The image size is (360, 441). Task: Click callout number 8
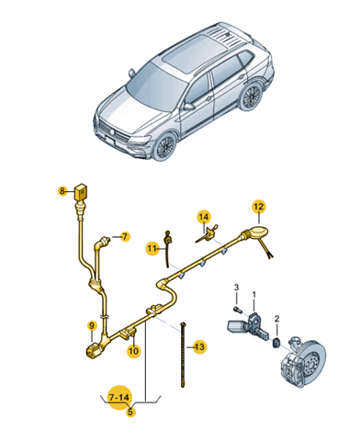tap(62, 191)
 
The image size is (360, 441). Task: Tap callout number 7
tap(124, 237)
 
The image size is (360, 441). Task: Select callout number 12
tap(259, 207)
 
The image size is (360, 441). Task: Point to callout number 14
tap(204, 217)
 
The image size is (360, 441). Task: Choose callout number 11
tap(152, 248)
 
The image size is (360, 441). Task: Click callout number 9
tap(92, 325)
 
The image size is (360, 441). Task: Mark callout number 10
tap(133, 350)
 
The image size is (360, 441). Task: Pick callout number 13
tap(199, 347)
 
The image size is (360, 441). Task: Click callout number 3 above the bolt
tap(236, 288)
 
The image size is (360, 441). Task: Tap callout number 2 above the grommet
tap(276, 319)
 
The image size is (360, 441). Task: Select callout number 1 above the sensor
tap(253, 295)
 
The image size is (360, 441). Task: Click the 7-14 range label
tap(119, 398)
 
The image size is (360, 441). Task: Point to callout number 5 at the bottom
tap(130, 412)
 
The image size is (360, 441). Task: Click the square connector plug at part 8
tap(81, 192)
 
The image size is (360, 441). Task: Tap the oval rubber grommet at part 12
tap(258, 231)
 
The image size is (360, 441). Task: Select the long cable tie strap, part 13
tap(183, 355)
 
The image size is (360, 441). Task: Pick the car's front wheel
tap(165, 146)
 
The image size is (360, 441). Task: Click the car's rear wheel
tap(251, 96)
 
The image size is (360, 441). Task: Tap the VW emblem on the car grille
tap(112, 132)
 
